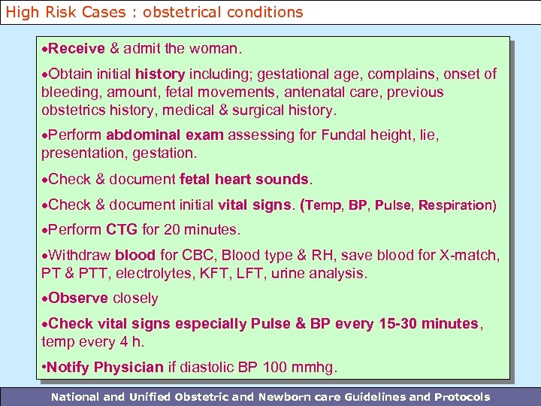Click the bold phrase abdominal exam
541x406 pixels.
165,135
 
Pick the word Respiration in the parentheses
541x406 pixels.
457,205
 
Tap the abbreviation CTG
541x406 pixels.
122,229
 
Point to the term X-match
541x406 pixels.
473,255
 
